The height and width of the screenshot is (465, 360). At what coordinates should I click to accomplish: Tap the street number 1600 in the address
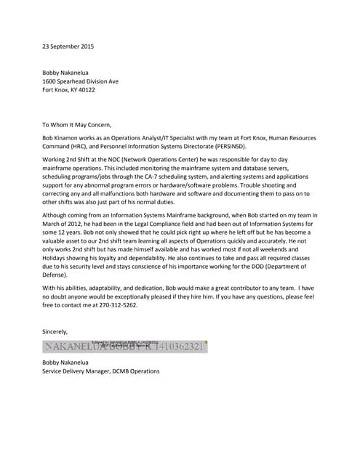(49, 81)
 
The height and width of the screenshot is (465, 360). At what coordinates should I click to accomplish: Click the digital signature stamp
(124, 347)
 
